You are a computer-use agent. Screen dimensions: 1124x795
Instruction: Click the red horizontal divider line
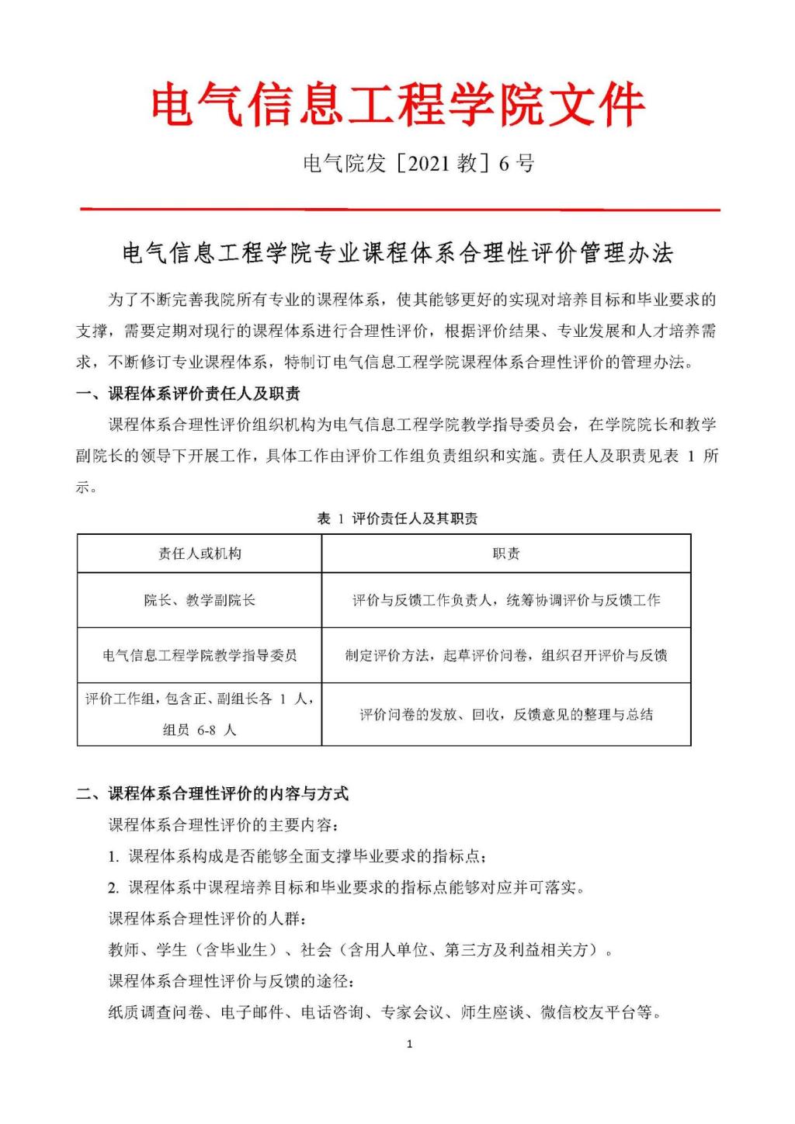tap(400, 209)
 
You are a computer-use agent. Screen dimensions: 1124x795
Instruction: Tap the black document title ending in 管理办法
tap(397, 254)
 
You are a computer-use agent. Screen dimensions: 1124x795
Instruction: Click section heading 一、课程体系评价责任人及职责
tap(189, 394)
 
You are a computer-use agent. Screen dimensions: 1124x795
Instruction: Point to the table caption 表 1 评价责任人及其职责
tap(397, 519)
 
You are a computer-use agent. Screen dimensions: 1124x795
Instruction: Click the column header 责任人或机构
tap(200, 553)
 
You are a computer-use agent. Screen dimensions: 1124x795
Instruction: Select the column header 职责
tap(506, 553)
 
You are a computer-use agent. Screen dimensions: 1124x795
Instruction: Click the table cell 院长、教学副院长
tap(200, 600)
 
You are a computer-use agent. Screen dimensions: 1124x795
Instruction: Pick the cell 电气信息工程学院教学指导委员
tap(200, 655)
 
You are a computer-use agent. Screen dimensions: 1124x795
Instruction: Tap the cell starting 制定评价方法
tap(506, 655)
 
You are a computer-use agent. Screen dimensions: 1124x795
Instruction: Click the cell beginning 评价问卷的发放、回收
tap(506, 714)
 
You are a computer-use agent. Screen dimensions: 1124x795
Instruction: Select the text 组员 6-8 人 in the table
tap(200, 730)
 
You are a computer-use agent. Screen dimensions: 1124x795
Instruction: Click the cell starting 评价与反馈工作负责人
tap(506, 600)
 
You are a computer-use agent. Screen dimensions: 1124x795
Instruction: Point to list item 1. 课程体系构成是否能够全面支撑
tap(298, 856)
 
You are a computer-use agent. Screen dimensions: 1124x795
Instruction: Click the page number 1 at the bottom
tap(410, 1044)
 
